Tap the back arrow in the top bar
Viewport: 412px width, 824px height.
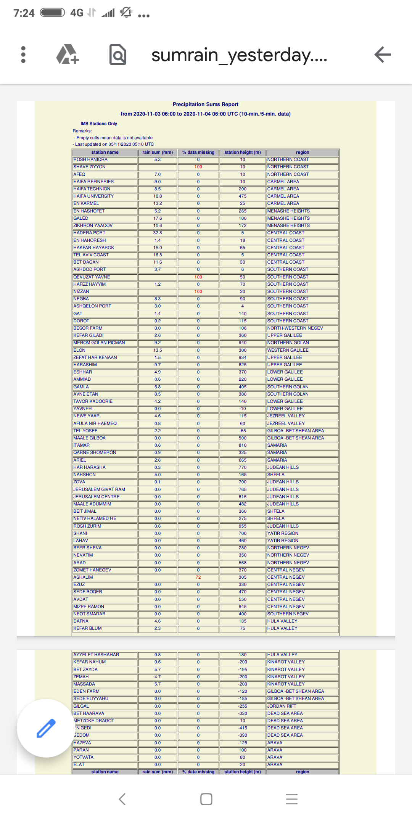tap(383, 55)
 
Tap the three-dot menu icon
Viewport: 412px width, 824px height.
tap(23, 55)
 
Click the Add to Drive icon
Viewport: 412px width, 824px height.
tap(68, 55)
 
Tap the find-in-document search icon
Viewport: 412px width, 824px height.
tap(118, 55)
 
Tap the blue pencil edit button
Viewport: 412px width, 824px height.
tap(46, 728)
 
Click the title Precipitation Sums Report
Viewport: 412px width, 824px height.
tap(205, 104)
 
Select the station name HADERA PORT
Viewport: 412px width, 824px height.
tap(89, 233)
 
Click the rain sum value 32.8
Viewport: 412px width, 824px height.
tap(158, 233)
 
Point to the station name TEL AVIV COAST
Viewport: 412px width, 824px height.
tap(91, 255)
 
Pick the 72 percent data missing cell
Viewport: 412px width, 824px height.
tap(198, 577)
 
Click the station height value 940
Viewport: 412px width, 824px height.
tap(243, 343)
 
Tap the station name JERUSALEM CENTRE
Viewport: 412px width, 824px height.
tap(97, 497)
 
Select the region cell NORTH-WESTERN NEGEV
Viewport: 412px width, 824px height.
tap(295, 328)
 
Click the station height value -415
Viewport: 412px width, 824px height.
tap(243, 728)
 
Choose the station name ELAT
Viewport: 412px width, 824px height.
tap(79, 764)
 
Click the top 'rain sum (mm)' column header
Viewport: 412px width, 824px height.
tap(158, 152)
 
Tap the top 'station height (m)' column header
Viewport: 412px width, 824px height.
tap(243, 152)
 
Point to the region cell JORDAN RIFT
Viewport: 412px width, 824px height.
tap(282, 706)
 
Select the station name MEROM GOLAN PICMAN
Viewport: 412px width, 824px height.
tap(99, 343)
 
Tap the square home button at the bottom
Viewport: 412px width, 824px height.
tap(206, 799)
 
